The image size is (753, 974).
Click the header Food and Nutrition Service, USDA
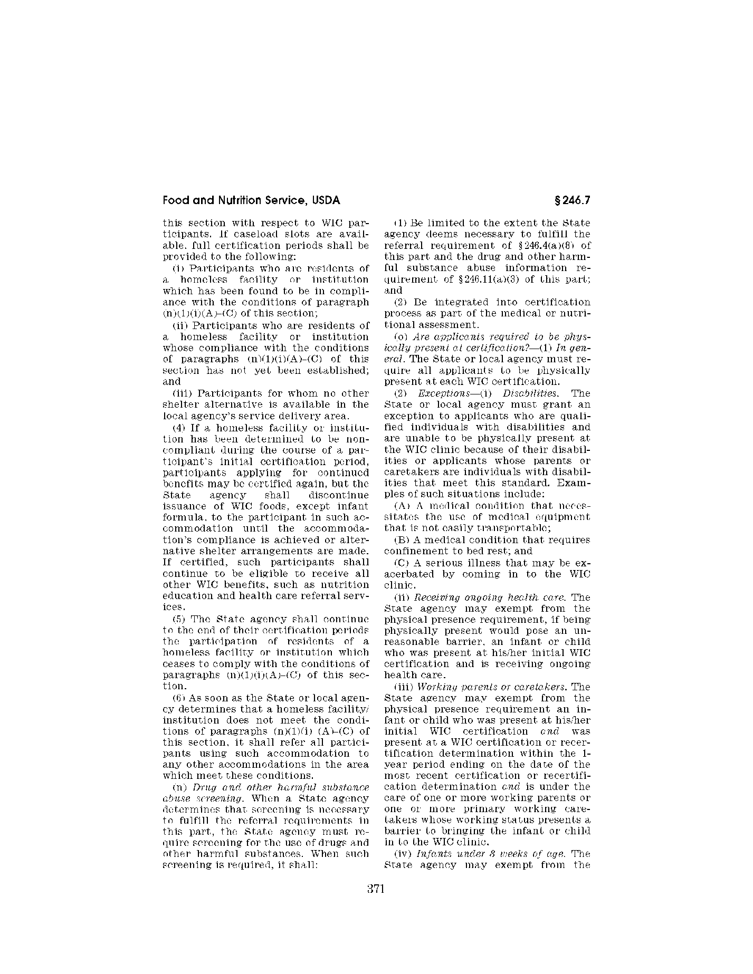pyautogui.click(x=251, y=200)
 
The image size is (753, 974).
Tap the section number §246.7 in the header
pyautogui.click(x=572, y=200)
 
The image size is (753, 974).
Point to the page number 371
pyautogui.click(x=376, y=889)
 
